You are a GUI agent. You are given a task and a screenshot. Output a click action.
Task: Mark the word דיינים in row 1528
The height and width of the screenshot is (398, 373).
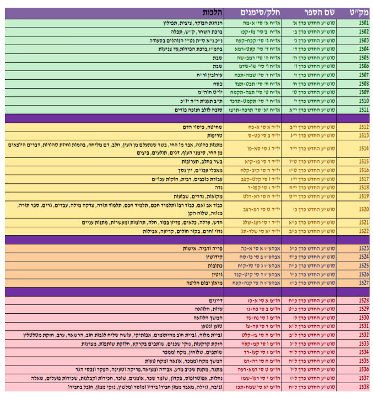coord(212,300)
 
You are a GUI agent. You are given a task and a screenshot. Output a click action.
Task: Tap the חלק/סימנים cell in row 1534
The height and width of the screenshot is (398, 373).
coord(261,352)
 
